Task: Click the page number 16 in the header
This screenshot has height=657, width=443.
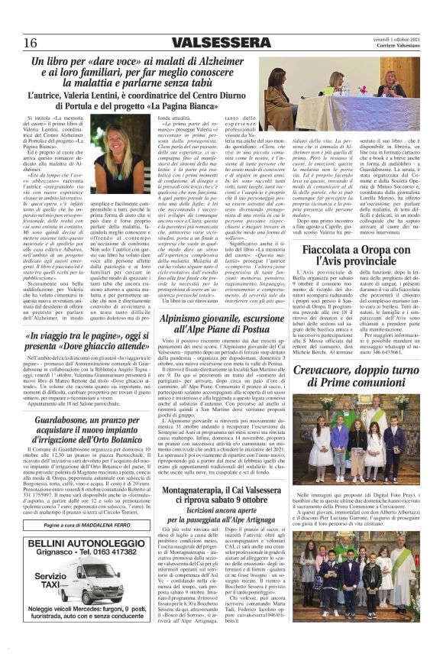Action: pos(31,41)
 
